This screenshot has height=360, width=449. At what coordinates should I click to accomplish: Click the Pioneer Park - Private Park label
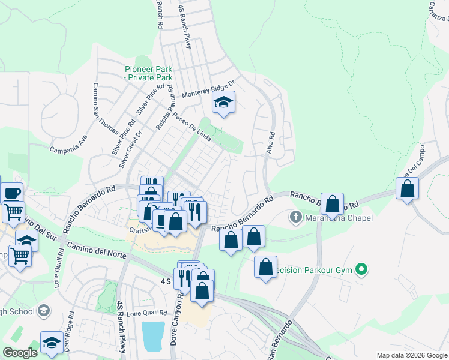click(148, 73)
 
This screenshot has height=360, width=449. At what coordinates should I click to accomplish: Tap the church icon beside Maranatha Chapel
click(295, 217)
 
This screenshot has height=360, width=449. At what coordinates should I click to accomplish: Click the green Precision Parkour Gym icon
click(361, 269)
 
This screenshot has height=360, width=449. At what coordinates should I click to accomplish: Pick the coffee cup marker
click(11, 193)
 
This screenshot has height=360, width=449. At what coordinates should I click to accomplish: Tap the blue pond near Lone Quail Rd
click(153, 335)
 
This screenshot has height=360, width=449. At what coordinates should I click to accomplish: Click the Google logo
click(20, 353)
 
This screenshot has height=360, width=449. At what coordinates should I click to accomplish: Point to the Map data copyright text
click(412, 355)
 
